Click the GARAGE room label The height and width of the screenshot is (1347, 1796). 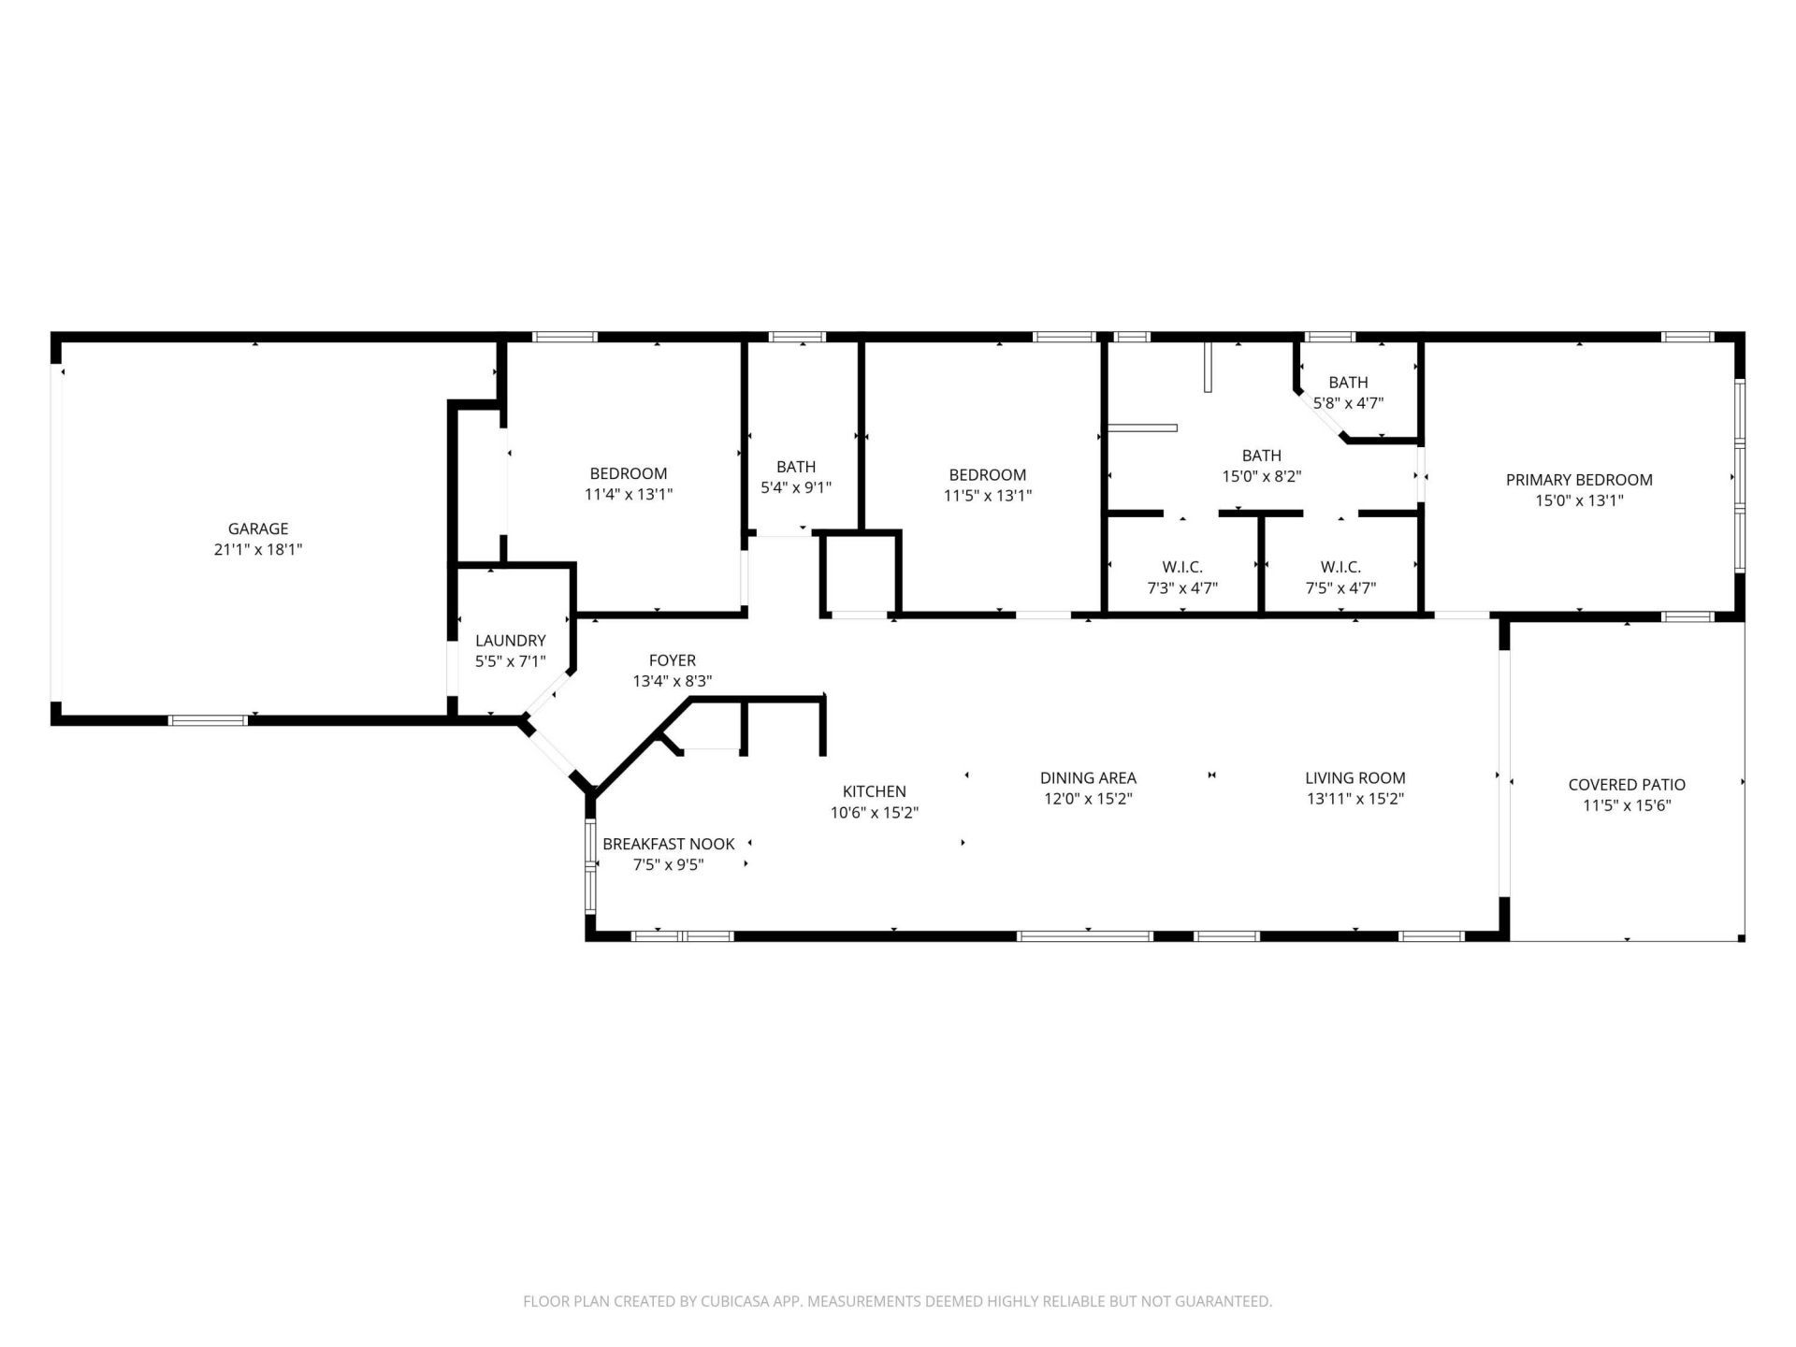[x=258, y=529]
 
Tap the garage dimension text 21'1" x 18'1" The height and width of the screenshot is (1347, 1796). [x=258, y=550]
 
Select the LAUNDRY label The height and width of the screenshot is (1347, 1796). [x=510, y=641]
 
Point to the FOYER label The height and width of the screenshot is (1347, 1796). [x=672, y=660]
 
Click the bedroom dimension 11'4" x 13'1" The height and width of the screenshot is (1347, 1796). [x=629, y=495]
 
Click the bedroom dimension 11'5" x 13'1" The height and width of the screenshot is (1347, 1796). [x=987, y=496]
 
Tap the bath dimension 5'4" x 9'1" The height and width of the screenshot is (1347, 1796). [x=795, y=487]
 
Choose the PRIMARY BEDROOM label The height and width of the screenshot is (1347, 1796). [x=1579, y=480]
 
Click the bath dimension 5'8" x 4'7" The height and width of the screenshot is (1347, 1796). [x=1348, y=403]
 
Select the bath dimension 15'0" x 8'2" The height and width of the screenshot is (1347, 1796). [x=1261, y=476]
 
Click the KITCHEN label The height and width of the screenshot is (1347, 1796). [x=874, y=791]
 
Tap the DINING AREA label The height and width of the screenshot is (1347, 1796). [x=1088, y=778]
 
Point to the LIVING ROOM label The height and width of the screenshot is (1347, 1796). [x=1354, y=778]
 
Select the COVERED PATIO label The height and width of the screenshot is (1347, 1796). [x=1627, y=785]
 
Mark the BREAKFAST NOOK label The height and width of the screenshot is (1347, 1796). [x=668, y=844]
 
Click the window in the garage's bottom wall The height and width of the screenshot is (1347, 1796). [x=208, y=719]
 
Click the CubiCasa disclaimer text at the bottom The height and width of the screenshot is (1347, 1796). [x=897, y=1301]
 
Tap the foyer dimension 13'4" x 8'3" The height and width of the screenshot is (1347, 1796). [x=672, y=682]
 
